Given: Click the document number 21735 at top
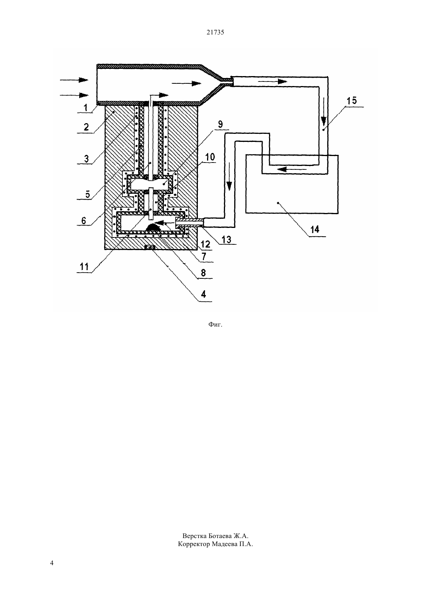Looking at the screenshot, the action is coord(215,33).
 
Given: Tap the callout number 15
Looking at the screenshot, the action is coord(352,101).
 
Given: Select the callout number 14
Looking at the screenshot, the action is coord(315,229).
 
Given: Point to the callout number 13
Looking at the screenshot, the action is coord(227,240).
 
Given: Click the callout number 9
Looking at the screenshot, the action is coord(220,124).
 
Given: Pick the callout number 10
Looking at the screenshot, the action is coord(210,157).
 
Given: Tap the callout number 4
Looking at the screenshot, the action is coord(204,294).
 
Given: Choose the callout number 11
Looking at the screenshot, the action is coord(84,267).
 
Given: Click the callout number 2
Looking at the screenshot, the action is coord(86,127).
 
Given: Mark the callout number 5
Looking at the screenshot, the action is coord(87,194).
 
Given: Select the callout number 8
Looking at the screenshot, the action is coord(203,273).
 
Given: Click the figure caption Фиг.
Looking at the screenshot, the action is coord(215,325).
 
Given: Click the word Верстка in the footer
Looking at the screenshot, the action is coord(194,536).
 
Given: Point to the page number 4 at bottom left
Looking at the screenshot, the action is coord(52,563).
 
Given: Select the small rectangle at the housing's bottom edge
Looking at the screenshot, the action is coord(150,247).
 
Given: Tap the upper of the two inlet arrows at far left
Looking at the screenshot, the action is coord(74,80).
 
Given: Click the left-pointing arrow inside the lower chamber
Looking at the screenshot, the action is coord(165,222).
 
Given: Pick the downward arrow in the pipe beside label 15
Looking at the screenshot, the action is coord(323,112).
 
